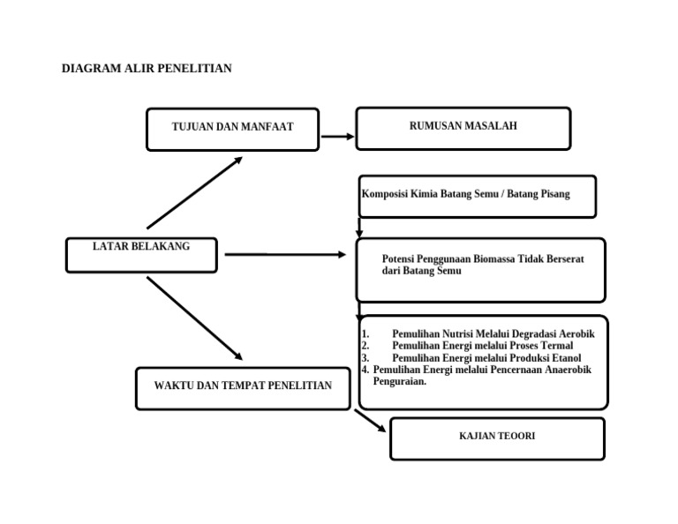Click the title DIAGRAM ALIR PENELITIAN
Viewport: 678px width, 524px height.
(147, 69)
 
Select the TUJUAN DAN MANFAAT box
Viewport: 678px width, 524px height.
(232, 129)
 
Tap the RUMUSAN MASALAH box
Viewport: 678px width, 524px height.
(463, 127)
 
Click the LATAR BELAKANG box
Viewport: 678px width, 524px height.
(141, 253)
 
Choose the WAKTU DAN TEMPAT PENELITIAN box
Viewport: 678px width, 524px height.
(243, 387)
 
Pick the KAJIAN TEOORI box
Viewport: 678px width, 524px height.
(497, 438)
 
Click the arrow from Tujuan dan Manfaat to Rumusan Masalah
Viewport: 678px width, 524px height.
(337, 137)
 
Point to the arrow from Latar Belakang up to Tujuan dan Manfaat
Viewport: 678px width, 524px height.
(194, 192)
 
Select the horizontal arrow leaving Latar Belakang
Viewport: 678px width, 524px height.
(285, 254)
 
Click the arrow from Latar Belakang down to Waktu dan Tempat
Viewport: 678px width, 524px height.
(194, 318)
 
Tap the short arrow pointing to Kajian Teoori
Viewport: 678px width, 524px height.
(371, 421)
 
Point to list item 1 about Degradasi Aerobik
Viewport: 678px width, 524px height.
(493, 333)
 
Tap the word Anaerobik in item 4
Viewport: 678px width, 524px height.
(561, 371)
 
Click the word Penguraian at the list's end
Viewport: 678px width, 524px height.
(400, 382)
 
